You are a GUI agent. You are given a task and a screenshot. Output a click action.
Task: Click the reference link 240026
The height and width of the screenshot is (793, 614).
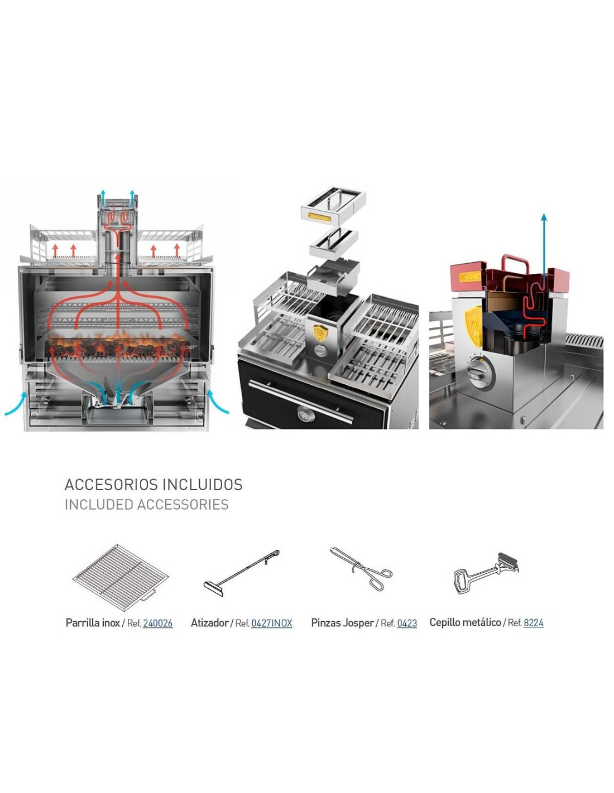point(157,623)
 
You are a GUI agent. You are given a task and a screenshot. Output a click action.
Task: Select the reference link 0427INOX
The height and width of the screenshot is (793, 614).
point(271,623)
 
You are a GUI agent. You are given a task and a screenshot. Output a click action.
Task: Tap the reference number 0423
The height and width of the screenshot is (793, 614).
point(407,623)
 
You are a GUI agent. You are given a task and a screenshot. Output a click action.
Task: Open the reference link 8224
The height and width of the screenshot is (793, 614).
point(533,622)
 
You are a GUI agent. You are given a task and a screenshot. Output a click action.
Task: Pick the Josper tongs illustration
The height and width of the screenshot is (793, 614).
point(361,569)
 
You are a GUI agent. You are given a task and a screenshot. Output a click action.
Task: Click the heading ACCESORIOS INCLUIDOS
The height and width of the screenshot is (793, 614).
point(153,484)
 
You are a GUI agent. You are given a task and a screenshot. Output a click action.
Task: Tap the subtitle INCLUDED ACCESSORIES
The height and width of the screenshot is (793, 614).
point(146,505)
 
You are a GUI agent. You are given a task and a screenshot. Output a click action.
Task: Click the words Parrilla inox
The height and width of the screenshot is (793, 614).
point(92,623)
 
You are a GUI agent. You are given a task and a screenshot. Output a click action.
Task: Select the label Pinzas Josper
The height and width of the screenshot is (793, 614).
point(342,623)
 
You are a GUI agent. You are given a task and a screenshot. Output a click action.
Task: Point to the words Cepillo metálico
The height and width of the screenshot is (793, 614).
point(465,622)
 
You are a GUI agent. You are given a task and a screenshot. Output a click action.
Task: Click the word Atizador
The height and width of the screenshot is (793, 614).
point(209,623)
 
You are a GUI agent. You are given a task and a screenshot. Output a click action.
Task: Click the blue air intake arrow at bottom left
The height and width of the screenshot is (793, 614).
point(16,404)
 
